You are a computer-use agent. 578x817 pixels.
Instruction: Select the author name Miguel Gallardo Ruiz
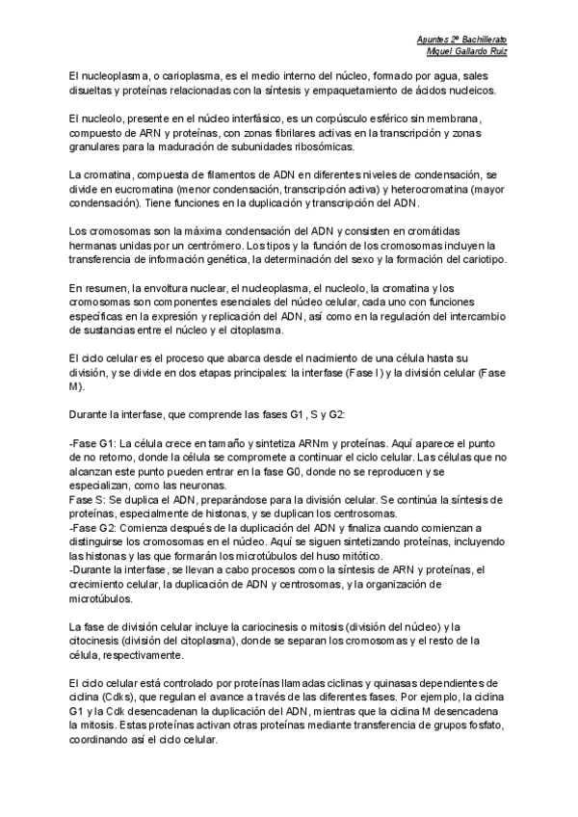[466, 51]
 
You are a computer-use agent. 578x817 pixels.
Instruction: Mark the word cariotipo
[469, 260]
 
